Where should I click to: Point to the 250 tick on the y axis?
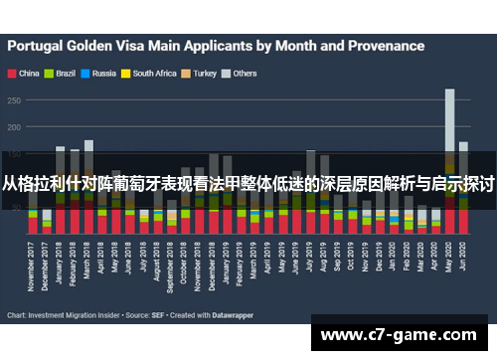(x=14, y=99)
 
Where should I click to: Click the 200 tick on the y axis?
(x=14, y=127)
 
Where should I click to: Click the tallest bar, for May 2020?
(x=449, y=159)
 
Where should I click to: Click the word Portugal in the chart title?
(x=40, y=46)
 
